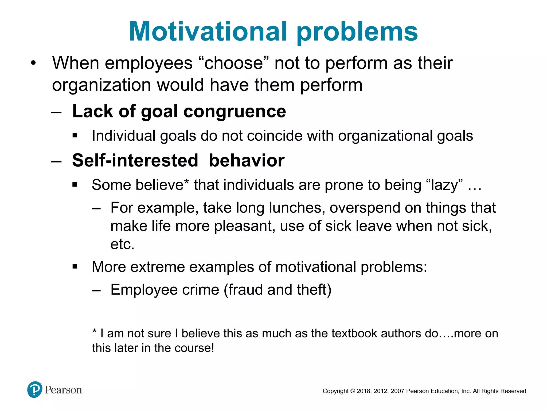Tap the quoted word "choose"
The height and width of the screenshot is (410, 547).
[233, 63]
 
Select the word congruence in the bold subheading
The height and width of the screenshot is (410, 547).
[235, 112]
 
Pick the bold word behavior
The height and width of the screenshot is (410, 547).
[247, 161]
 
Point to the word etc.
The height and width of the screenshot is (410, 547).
[122, 244]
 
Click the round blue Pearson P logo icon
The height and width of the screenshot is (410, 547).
[35, 390]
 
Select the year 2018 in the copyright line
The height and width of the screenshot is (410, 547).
[363, 391]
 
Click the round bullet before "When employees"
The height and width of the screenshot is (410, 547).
[33, 64]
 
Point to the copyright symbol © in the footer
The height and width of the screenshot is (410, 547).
[353, 391]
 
